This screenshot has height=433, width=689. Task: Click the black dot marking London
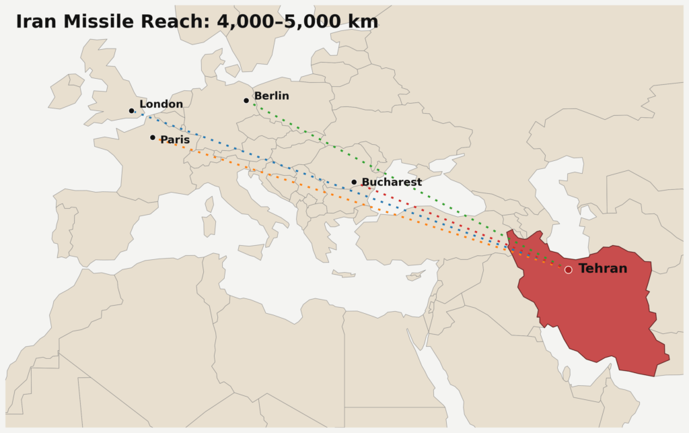[132, 110]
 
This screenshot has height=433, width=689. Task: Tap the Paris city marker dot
[153, 137]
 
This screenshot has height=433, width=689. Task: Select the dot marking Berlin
[246, 100]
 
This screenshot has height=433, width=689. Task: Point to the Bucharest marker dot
[354, 182]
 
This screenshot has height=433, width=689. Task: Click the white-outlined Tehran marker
[568, 269]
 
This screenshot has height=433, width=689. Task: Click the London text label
[161, 104]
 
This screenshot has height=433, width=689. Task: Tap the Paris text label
[175, 139]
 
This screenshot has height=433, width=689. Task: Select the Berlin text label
[271, 96]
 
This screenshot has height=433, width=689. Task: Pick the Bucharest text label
[392, 182]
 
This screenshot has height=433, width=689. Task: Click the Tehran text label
[603, 269]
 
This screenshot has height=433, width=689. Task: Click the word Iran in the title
[36, 22]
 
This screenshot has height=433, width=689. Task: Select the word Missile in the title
[100, 22]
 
